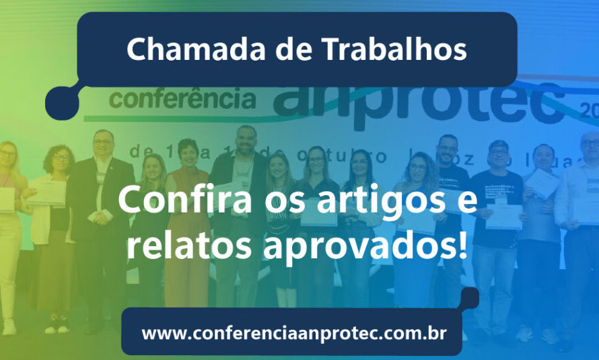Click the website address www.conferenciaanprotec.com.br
[x=293, y=333]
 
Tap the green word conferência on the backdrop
[x=182, y=99]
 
